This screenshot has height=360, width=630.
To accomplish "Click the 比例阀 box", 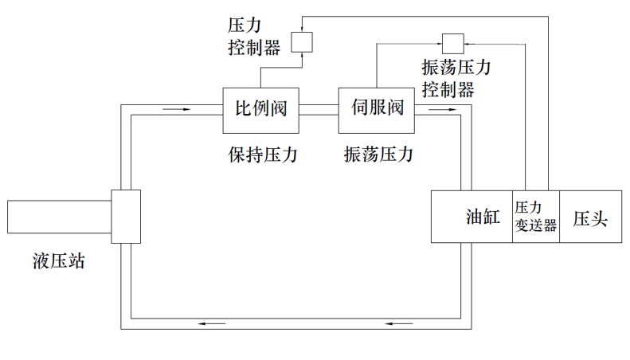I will pos(260,109).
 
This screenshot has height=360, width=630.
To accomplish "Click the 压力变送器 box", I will pos(535,217).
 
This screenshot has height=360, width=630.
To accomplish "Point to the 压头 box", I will pos(590,217).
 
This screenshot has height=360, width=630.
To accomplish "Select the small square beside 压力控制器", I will pos(302,41).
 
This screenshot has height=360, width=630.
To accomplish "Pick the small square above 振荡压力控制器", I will pos(452,41).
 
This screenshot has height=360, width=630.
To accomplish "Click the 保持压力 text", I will pos(262,155).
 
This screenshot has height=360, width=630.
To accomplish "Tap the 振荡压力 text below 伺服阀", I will pos(378,155).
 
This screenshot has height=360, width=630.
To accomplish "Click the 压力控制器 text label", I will pos(249,38).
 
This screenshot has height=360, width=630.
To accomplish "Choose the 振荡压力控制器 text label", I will pos(456,78).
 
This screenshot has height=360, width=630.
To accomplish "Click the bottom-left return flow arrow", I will pos(213,323).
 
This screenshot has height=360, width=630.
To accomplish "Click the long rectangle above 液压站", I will pos(59,217).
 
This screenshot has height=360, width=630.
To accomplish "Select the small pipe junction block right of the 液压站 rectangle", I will pos(126,217).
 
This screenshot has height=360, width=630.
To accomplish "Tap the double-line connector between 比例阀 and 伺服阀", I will pos(319,109).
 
